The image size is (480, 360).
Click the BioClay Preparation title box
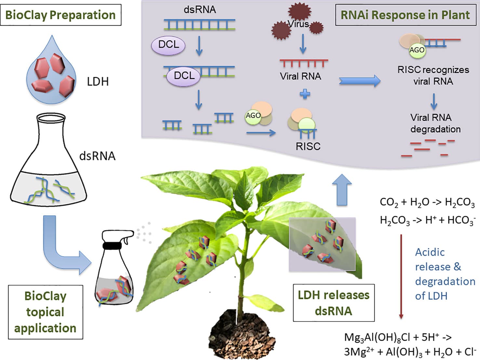pos(60,15)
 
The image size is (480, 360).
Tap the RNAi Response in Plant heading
pos(405,15)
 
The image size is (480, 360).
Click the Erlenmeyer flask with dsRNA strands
pos(49,162)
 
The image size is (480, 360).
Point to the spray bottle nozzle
pos(129,235)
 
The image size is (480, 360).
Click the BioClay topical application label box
pos(46,312)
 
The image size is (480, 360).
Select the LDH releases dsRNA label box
pos(334,303)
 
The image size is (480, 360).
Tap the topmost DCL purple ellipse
pos(168,45)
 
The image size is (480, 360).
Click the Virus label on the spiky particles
pos(298,24)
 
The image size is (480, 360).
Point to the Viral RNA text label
pos(300,76)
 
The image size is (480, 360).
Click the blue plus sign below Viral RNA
pos(305,94)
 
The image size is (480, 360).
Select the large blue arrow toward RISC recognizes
pos(359,81)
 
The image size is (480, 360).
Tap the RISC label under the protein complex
pos(308,146)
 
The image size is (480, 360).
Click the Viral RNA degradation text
pos(435,123)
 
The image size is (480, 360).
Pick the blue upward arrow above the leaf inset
pos(342,190)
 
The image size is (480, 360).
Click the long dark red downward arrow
pos(401,276)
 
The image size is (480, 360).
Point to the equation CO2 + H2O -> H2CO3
pos(427,202)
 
